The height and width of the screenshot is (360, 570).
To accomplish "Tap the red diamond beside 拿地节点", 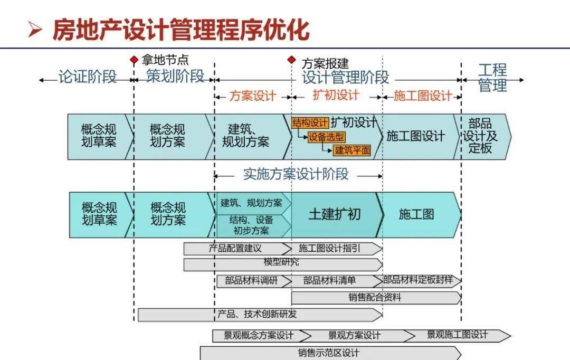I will pyautogui.click(x=134, y=60).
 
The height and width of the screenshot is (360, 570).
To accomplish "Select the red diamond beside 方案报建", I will pyautogui.click(x=291, y=60).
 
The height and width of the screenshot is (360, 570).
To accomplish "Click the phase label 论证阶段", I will pyautogui.click(x=87, y=77).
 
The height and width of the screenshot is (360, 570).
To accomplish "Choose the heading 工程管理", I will pyautogui.click(x=492, y=78).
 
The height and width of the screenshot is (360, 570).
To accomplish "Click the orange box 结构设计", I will pyautogui.click(x=310, y=123).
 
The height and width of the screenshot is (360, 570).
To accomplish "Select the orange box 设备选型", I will pyautogui.click(x=327, y=137).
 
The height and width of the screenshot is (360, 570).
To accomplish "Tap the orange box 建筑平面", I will pyautogui.click(x=352, y=150).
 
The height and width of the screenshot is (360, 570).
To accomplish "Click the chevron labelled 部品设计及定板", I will pyautogui.click(x=480, y=136).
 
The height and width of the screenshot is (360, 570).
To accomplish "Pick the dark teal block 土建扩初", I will pyautogui.click(x=335, y=214).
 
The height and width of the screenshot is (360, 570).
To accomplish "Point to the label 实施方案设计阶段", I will pyautogui.click(x=296, y=174).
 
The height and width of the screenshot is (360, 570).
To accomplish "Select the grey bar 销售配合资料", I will pyautogui.click(x=375, y=298).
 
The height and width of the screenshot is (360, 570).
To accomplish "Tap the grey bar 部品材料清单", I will pyautogui.click(x=330, y=281).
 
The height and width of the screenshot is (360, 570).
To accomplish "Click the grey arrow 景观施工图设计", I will pyautogui.click(x=457, y=335).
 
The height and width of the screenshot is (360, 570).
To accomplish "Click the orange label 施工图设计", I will pyautogui.click(x=423, y=96).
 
